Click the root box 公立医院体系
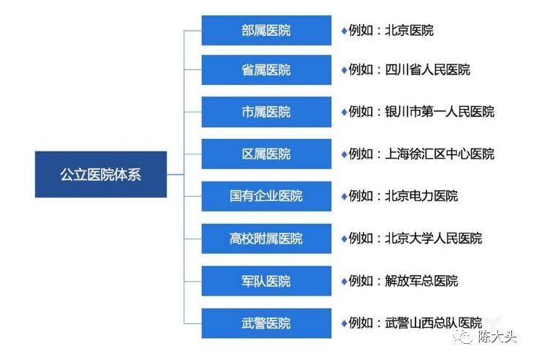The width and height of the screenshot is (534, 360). pos(100,174)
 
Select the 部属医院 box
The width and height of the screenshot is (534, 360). pos(266,30)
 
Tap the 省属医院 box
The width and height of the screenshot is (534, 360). pos(266,70)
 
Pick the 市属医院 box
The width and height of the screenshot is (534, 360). pos(266,112)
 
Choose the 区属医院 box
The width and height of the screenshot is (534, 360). pos(266,154)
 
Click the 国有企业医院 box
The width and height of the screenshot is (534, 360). pos(266,196)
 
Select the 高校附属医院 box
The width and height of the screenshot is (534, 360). pos(266,239)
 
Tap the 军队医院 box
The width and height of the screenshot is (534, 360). pos(266,281)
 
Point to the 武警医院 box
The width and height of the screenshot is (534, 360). pos(266,323)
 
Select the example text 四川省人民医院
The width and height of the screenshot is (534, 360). pos(427,70)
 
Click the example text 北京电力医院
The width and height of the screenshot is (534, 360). pos(421,196)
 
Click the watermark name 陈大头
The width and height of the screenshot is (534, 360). pos(497,338)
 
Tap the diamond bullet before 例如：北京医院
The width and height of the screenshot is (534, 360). pos(343,31)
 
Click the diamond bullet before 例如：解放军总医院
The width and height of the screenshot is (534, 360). pos(343,281)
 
